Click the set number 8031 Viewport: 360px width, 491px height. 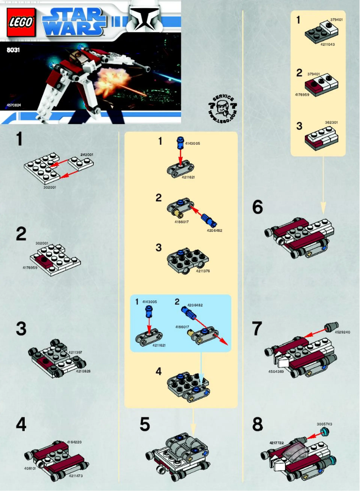(13, 51)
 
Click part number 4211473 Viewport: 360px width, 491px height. (76, 475)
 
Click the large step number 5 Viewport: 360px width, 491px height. (144, 425)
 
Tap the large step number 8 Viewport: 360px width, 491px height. (257, 425)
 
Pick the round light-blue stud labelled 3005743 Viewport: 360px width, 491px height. (324, 432)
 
